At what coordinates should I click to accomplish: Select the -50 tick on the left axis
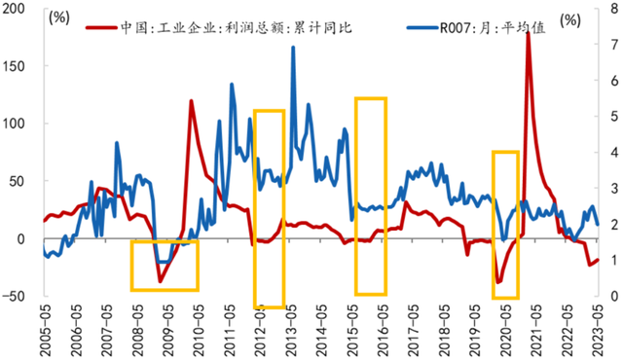coord(17,296)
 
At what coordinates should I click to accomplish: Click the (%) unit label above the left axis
coord(59,18)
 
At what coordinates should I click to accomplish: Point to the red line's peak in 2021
coord(528,33)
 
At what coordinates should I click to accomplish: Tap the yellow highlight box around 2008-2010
coord(165,265)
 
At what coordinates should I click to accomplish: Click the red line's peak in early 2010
coord(191,101)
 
